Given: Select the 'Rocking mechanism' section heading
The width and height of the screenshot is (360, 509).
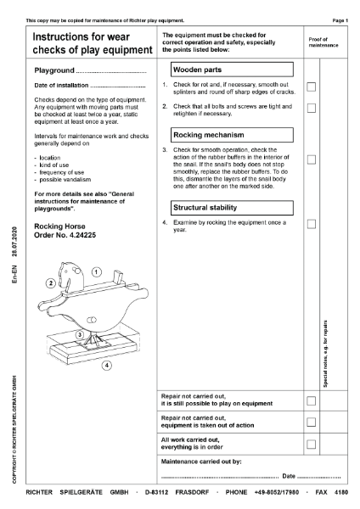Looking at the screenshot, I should click(208, 135).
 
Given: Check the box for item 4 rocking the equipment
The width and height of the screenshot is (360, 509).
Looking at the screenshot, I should click(312, 224).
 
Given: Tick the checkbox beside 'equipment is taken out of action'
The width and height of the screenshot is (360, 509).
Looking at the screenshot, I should click(312, 422).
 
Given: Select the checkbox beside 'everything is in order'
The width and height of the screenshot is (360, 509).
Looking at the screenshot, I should click(312, 444).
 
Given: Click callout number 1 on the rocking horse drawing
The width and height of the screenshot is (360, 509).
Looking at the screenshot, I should click(97, 271).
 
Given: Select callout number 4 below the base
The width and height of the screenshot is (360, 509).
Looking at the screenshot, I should click(106, 366).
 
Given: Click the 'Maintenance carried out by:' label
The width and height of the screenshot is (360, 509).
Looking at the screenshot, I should click(202, 461).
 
